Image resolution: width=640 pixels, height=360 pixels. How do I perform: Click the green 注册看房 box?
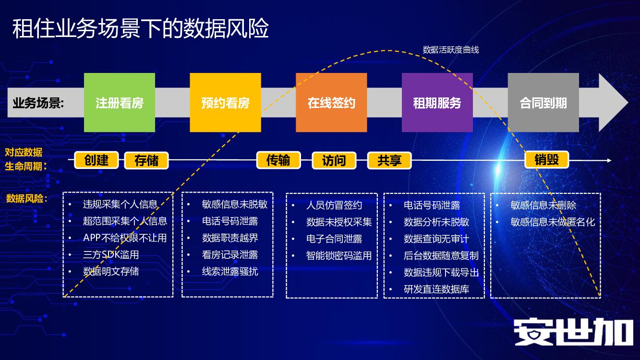pyautogui.click(x=120, y=103)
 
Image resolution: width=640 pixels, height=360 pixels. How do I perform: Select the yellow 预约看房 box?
pyautogui.click(x=225, y=103)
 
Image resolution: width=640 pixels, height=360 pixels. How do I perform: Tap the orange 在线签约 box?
pyautogui.click(x=331, y=103)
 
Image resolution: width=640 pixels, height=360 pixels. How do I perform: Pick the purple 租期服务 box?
pyautogui.click(x=437, y=103)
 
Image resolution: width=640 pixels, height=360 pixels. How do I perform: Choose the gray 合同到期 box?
pyautogui.click(x=543, y=103)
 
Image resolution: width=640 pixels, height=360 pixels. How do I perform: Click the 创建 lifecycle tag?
pyautogui.click(x=97, y=160)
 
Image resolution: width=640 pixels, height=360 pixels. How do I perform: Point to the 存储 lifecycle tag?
pyautogui.click(x=146, y=160)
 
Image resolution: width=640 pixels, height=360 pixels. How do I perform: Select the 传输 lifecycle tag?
pyautogui.click(x=278, y=160)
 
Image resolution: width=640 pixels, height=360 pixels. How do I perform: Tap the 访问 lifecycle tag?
pyautogui.click(x=334, y=160)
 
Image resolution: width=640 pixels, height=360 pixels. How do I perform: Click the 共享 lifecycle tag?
pyautogui.click(x=389, y=160)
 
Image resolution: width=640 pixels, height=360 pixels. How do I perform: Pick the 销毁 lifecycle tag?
pyautogui.click(x=547, y=160)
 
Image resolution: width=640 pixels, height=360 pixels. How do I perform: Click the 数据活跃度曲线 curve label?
pyautogui.click(x=450, y=49)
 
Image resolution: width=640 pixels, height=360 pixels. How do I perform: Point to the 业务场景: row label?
pyautogui.click(x=38, y=103)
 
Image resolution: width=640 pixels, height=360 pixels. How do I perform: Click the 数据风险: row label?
pyautogui.click(x=27, y=198)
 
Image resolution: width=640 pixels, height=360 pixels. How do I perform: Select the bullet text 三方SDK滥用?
pyautogui.click(x=111, y=255)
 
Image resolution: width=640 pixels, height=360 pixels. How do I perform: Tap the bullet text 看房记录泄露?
pyautogui.click(x=230, y=255)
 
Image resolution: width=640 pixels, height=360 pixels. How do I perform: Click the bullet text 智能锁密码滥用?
pyautogui.click(x=339, y=255)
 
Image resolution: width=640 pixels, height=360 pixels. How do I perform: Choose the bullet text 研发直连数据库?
pyautogui.click(x=436, y=289)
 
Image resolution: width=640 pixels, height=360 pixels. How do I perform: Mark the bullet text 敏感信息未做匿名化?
pyautogui.click(x=553, y=222)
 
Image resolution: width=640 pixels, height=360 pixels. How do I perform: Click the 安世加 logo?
pyautogui.click(x=574, y=331)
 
